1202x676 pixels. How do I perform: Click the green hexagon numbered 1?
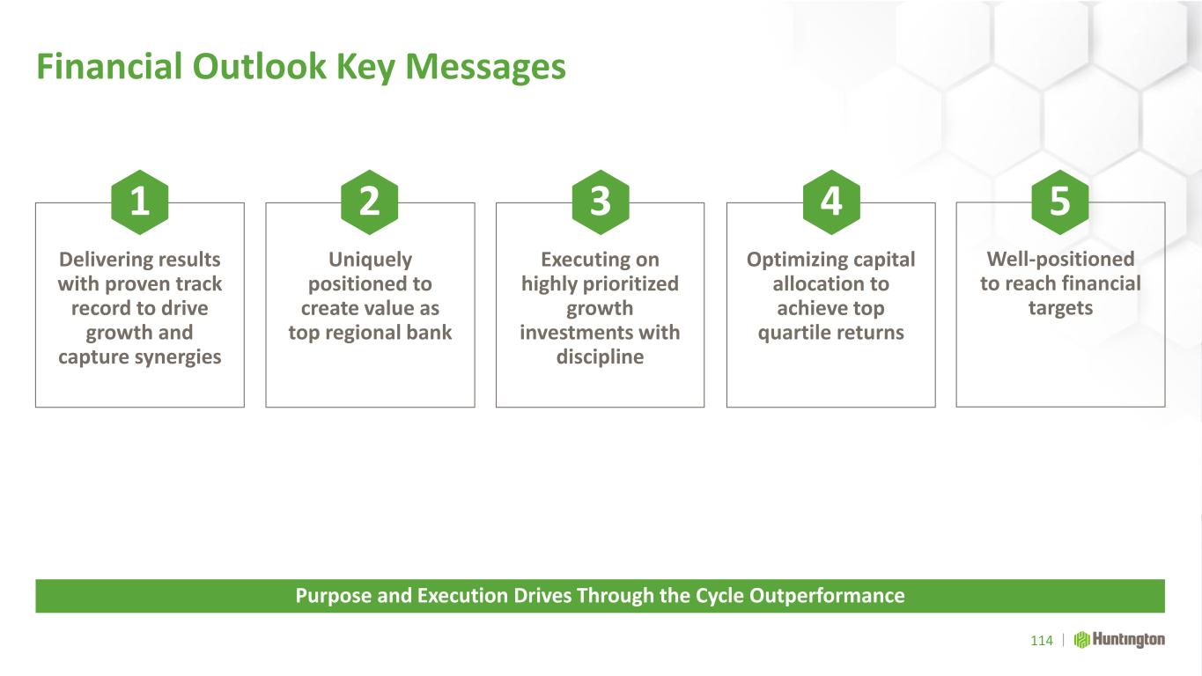139,202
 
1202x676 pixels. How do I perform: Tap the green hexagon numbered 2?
370,202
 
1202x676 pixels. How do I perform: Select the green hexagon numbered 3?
601,202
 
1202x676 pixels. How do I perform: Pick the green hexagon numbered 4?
831,202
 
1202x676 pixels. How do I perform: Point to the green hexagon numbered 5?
1060,202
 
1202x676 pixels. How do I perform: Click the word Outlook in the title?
259,67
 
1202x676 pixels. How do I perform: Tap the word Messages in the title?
485,68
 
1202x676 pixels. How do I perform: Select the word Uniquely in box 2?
370,261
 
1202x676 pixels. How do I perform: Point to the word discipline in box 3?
600,356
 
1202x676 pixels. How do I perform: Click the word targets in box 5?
1060,308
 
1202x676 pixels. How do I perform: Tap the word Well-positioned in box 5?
1060,259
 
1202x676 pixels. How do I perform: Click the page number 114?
1042,641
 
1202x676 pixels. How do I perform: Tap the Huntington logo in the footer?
1119,640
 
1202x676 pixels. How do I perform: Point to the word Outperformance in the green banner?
827,596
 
